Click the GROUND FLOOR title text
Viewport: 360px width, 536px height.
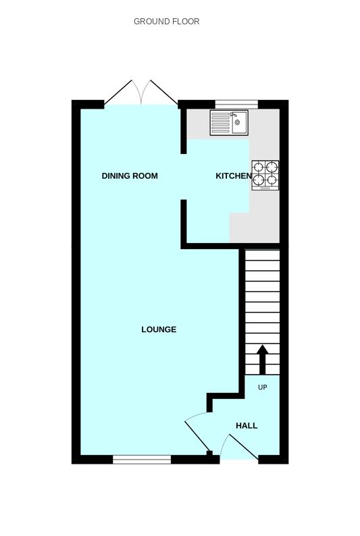[x=166, y=22]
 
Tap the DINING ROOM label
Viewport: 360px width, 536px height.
[x=130, y=176]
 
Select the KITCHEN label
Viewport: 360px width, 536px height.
[x=233, y=176]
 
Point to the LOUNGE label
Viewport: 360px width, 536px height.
[x=159, y=329]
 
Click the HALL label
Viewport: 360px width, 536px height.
[x=247, y=426]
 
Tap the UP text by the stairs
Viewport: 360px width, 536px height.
[x=263, y=387]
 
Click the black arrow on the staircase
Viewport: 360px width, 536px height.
[x=262, y=360]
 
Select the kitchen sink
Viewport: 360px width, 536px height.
[x=229, y=123]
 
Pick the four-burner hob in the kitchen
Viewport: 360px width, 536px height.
[x=265, y=175]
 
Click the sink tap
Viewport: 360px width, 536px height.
[x=234, y=115]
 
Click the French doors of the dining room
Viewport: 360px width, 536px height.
[x=141, y=92]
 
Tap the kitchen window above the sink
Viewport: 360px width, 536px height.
[x=236, y=104]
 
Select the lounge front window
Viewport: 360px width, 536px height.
[x=142, y=460]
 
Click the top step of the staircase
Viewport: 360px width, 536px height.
[x=261, y=255]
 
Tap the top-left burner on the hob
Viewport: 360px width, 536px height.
[x=258, y=166]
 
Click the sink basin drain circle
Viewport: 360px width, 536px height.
[x=238, y=123]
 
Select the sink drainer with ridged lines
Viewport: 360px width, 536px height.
[x=220, y=123]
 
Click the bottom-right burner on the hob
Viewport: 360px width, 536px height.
[x=272, y=180]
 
